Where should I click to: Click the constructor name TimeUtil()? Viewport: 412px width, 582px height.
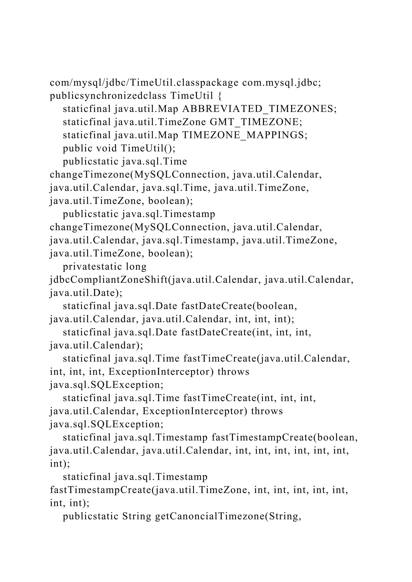148,149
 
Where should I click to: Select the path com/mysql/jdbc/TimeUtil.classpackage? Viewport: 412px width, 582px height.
144,83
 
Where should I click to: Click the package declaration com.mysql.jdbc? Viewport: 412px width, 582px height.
282,83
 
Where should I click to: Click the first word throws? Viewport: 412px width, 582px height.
233,372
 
